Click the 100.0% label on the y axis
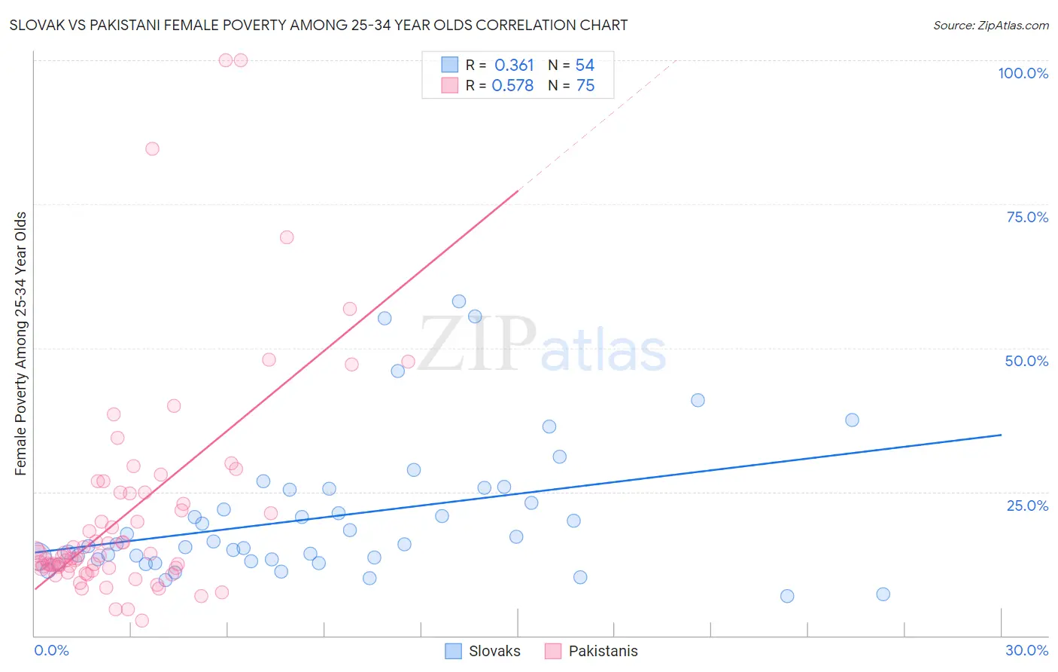1023,73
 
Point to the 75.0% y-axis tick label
1026,217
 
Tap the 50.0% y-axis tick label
1026,361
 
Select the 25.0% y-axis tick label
1026,506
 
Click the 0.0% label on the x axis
51,650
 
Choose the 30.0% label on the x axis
1026,650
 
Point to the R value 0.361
514,66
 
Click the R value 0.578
512,86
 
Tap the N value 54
585,66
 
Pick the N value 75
585,86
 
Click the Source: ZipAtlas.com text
990,26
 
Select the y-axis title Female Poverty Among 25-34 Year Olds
21,344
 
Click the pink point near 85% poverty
152,149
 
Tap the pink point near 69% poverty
287,237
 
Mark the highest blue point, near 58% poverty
459,301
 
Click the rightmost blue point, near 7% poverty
883,594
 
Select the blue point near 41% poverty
698,401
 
